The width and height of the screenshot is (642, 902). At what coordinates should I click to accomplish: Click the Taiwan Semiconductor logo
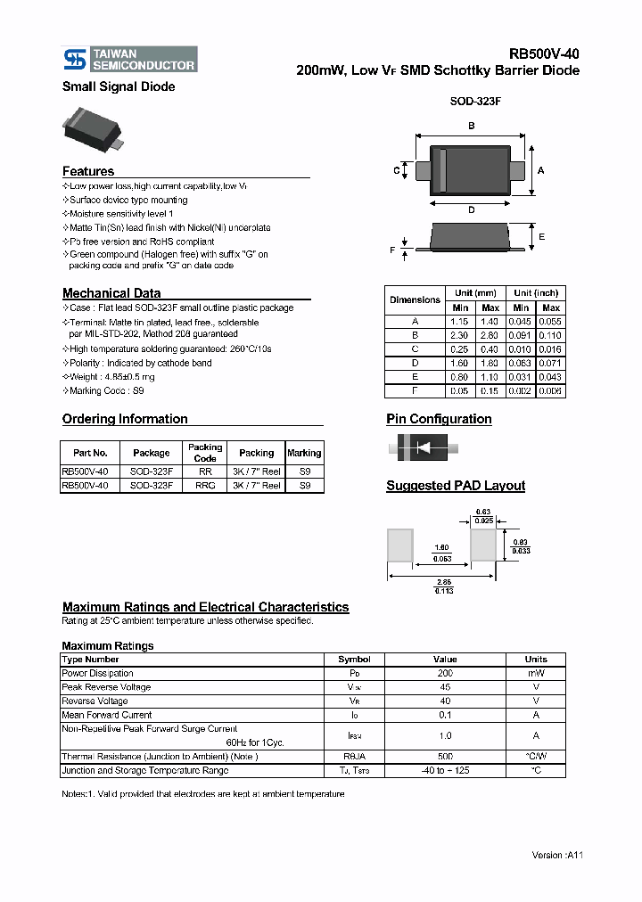129,60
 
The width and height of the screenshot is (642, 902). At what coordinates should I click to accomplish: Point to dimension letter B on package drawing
471,126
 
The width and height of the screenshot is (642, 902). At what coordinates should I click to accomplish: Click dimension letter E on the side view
541,236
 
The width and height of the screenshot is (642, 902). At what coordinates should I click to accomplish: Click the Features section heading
88,171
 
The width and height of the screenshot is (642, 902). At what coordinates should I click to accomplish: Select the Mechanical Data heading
111,293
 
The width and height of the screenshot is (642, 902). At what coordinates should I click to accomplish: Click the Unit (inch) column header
536,292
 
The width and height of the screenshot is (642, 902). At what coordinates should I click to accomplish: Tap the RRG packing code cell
205,486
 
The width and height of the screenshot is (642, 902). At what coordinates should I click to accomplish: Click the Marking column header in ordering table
304,453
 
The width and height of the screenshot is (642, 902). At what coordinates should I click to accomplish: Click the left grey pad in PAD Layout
400,545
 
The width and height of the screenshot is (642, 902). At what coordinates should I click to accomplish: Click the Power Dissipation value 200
445,674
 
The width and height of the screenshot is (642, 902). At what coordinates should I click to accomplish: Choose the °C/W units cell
536,757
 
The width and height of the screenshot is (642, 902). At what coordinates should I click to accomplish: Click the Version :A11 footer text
557,855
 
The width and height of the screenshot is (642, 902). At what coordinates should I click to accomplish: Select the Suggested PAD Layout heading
456,486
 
